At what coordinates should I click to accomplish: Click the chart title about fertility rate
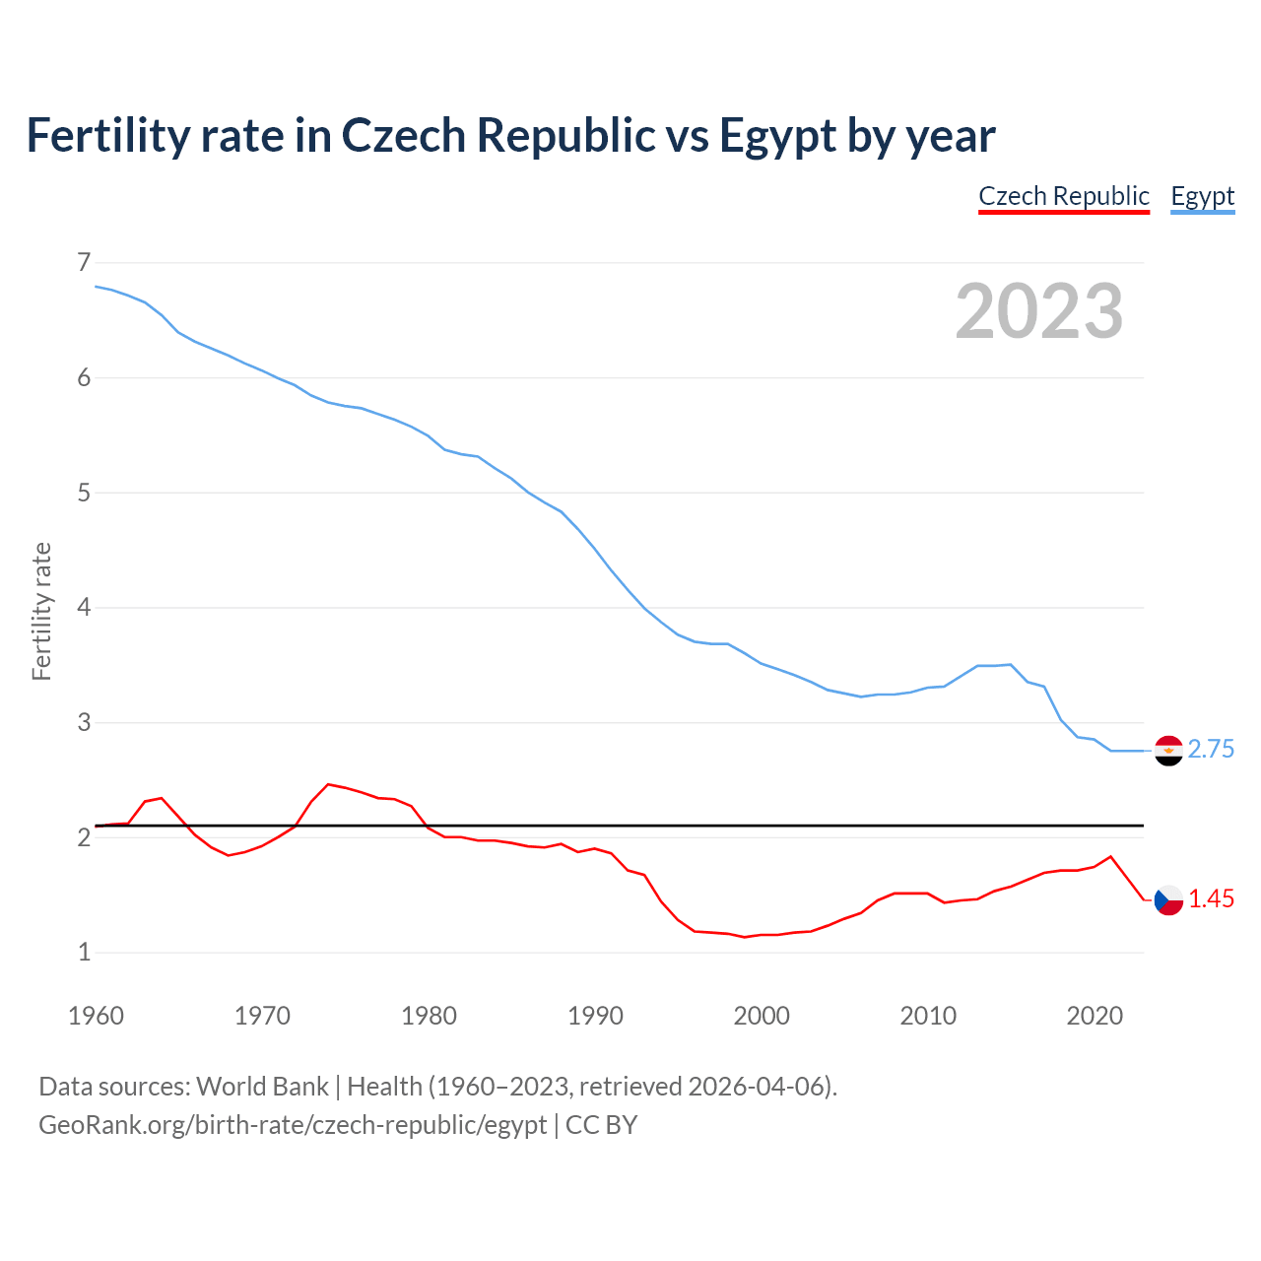[510, 135]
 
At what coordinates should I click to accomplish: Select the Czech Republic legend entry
[1063, 196]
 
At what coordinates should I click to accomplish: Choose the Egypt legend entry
[1202, 196]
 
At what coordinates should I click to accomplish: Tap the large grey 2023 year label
[1038, 311]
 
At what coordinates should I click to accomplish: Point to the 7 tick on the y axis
[83, 262]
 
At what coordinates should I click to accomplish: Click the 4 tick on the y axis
[83, 607]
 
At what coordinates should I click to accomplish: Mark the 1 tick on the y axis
[83, 952]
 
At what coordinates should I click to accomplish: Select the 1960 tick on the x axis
[96, 1016]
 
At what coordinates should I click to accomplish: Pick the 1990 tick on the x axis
[595, 1016]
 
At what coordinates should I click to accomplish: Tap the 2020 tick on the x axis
[1094, 1016]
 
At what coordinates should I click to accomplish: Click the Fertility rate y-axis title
[41, 611]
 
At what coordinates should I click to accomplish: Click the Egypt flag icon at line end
[1168, 751]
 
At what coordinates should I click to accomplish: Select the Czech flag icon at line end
[1168, 899]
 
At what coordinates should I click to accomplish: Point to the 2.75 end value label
[1211, 750]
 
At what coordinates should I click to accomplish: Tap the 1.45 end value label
[1211, 899]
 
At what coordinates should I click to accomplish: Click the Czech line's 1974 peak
[328, 784]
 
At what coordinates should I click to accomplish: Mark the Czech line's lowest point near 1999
[745, 937]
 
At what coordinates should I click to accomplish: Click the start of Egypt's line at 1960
[96, 286]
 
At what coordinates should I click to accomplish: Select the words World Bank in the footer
[262, 1087]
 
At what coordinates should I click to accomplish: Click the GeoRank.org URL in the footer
[293, 1125]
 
